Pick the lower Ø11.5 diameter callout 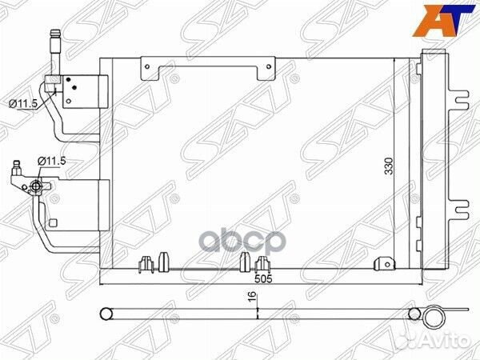50,161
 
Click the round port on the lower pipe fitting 36,186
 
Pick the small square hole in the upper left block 71,79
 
